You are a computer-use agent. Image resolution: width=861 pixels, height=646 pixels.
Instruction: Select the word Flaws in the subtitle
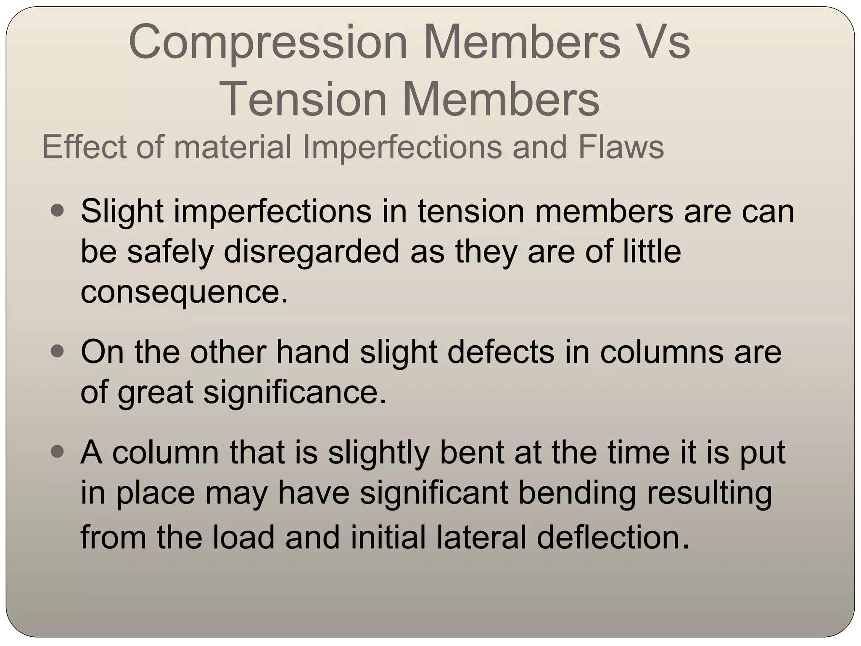(x=621, y=147)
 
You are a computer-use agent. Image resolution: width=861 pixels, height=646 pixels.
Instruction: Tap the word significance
(x=295, y=392)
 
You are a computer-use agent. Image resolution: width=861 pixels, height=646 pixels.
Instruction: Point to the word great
(x=155, y=392)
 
